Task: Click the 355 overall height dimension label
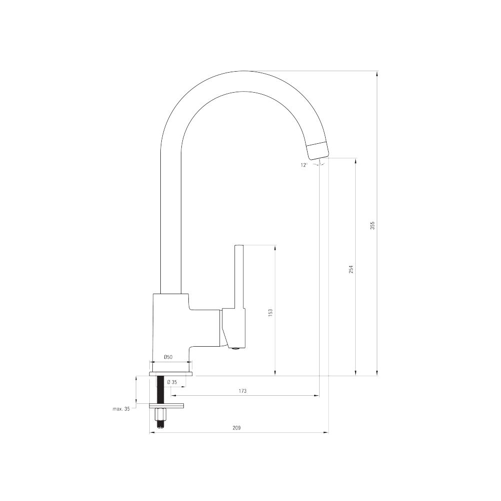[372, 225]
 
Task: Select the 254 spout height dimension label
[351, 270]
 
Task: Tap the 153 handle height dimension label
[271, 312]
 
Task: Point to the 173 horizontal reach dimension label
[242, 391]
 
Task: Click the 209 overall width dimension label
[236, 428]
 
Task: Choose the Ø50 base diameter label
[168, 357]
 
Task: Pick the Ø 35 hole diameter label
[172, 382]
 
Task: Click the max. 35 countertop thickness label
[121, 409]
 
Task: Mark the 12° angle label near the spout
[304, 165]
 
